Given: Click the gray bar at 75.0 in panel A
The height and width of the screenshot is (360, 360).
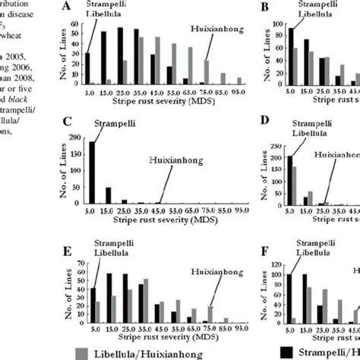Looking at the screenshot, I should [207, 72].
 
